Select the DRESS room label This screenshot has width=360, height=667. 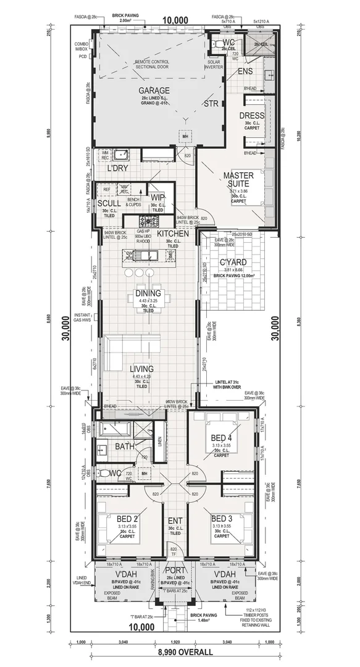tap(252, 115)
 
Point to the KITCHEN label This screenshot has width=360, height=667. tap(172, 234)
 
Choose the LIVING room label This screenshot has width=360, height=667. tap(141, 369)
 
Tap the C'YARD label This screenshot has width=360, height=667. tap(233, 262)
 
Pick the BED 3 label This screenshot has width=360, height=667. tap(221, 518)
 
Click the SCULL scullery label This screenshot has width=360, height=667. tap(109, 203)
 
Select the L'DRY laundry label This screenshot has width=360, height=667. tap(117, 168)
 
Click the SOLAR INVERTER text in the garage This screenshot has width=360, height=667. tap(214, 65)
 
